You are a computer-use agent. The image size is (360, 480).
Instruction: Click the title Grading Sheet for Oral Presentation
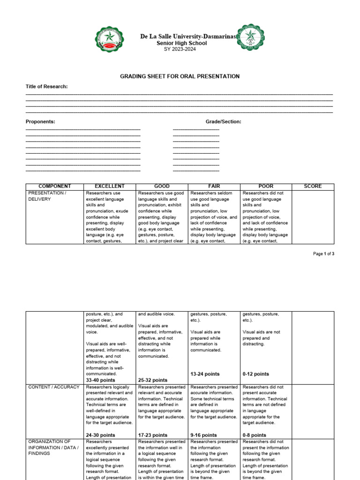click(180, 76)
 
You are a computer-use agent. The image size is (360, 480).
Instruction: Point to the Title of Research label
click(46, 87)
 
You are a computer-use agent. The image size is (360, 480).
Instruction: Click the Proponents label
click(40, 122)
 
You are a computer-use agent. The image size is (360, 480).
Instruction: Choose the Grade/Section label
click(224, 122)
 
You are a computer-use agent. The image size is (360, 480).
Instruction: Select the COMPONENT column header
click(55, 186)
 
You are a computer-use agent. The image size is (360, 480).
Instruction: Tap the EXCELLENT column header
click(110, 186)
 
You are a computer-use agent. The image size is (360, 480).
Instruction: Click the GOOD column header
click(162, 186)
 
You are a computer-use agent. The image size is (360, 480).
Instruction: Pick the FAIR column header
click(214, 186)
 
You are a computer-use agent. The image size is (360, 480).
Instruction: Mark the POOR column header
click(266, 186)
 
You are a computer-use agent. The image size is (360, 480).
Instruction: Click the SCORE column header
click(313, 186)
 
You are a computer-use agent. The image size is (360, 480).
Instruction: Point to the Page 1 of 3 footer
click(323, 254)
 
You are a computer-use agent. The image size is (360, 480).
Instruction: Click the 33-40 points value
click(100, 380)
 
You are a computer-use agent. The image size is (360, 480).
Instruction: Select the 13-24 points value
click(205, 374)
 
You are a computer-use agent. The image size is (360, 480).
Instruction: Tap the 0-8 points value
click(255, 435)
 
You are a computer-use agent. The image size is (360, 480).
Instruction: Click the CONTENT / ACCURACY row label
click(54, 387)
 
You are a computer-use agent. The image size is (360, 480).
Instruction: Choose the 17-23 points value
click(153, 435)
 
